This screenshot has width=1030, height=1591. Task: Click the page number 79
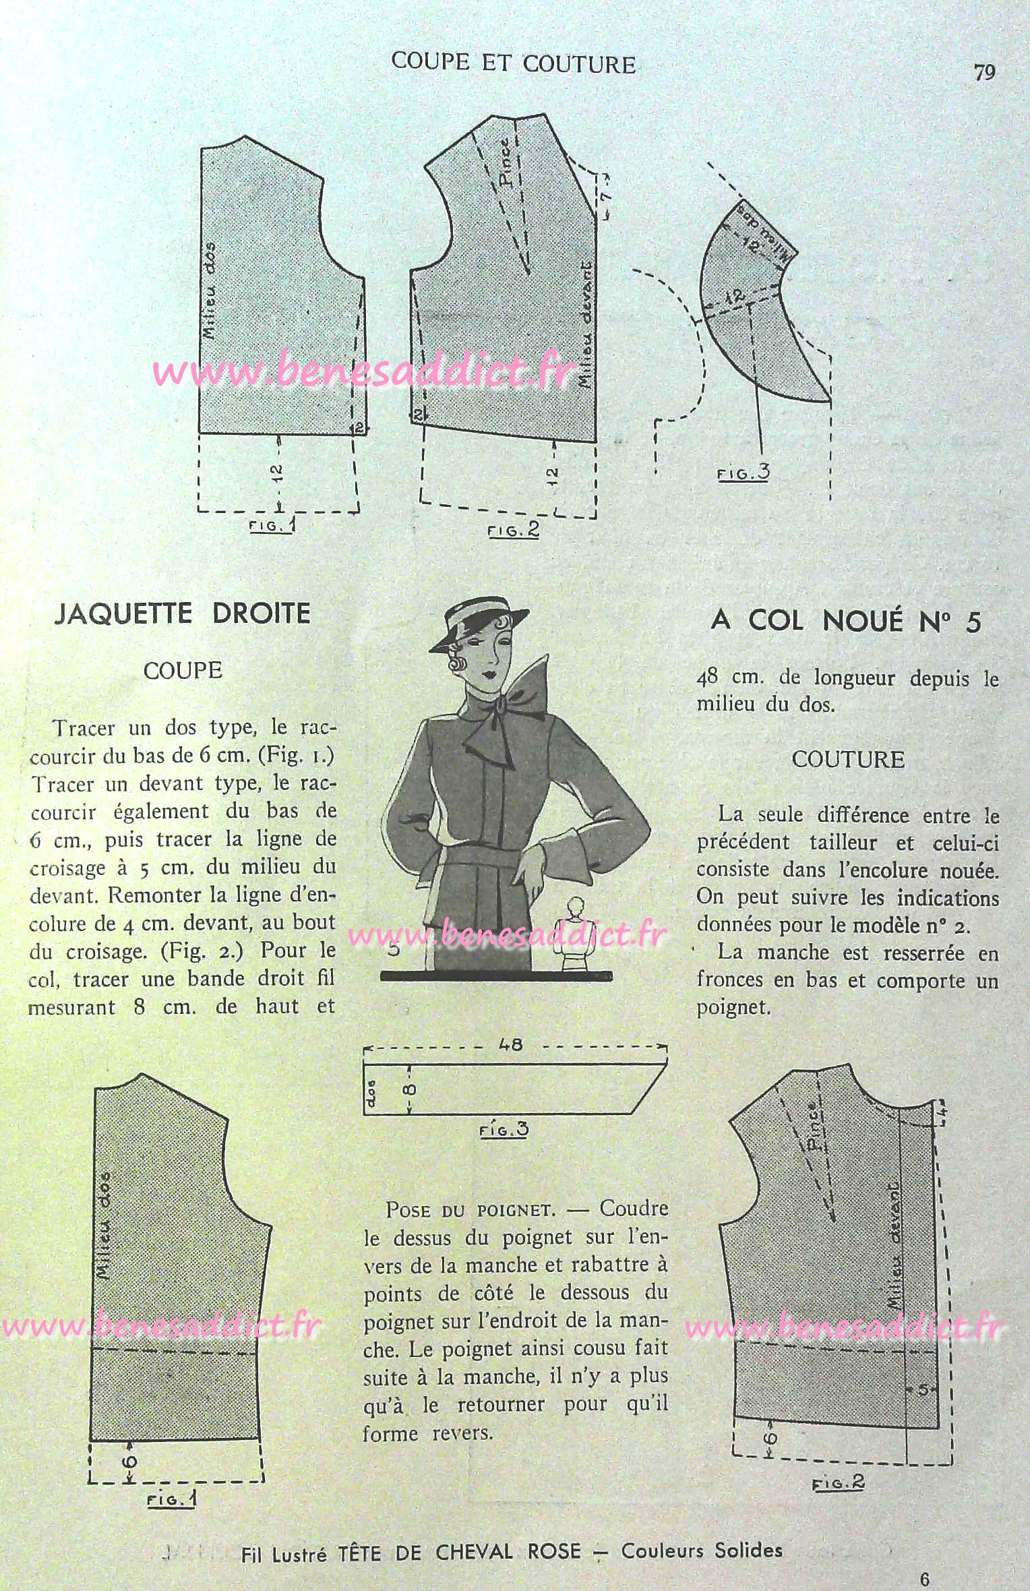[984, 72]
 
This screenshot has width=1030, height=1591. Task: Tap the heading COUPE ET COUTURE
[513, 64]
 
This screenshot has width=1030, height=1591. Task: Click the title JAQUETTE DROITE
[182, 614]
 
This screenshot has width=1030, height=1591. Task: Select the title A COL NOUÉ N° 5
[846, 621]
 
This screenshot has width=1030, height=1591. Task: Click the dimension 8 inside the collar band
[412, 1089]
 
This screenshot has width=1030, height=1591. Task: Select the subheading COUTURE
[847, 760]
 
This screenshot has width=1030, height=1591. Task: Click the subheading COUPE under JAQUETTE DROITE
[183, 670]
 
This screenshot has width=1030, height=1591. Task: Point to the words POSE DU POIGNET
[471, 1209]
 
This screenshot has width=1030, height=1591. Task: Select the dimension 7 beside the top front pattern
[605, 196]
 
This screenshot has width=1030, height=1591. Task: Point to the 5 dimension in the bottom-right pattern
[923, 1390]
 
